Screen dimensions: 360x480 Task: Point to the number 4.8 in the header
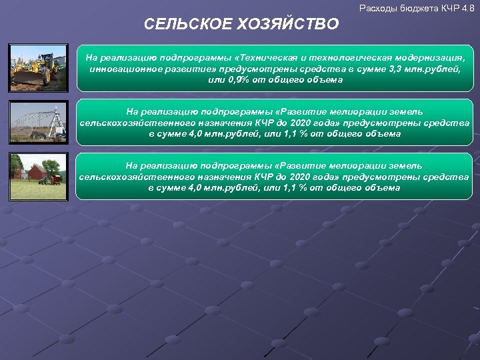click(468, 8)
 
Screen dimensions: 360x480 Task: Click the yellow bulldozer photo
click(39, 67)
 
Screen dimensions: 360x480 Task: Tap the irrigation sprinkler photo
click(39, 122)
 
